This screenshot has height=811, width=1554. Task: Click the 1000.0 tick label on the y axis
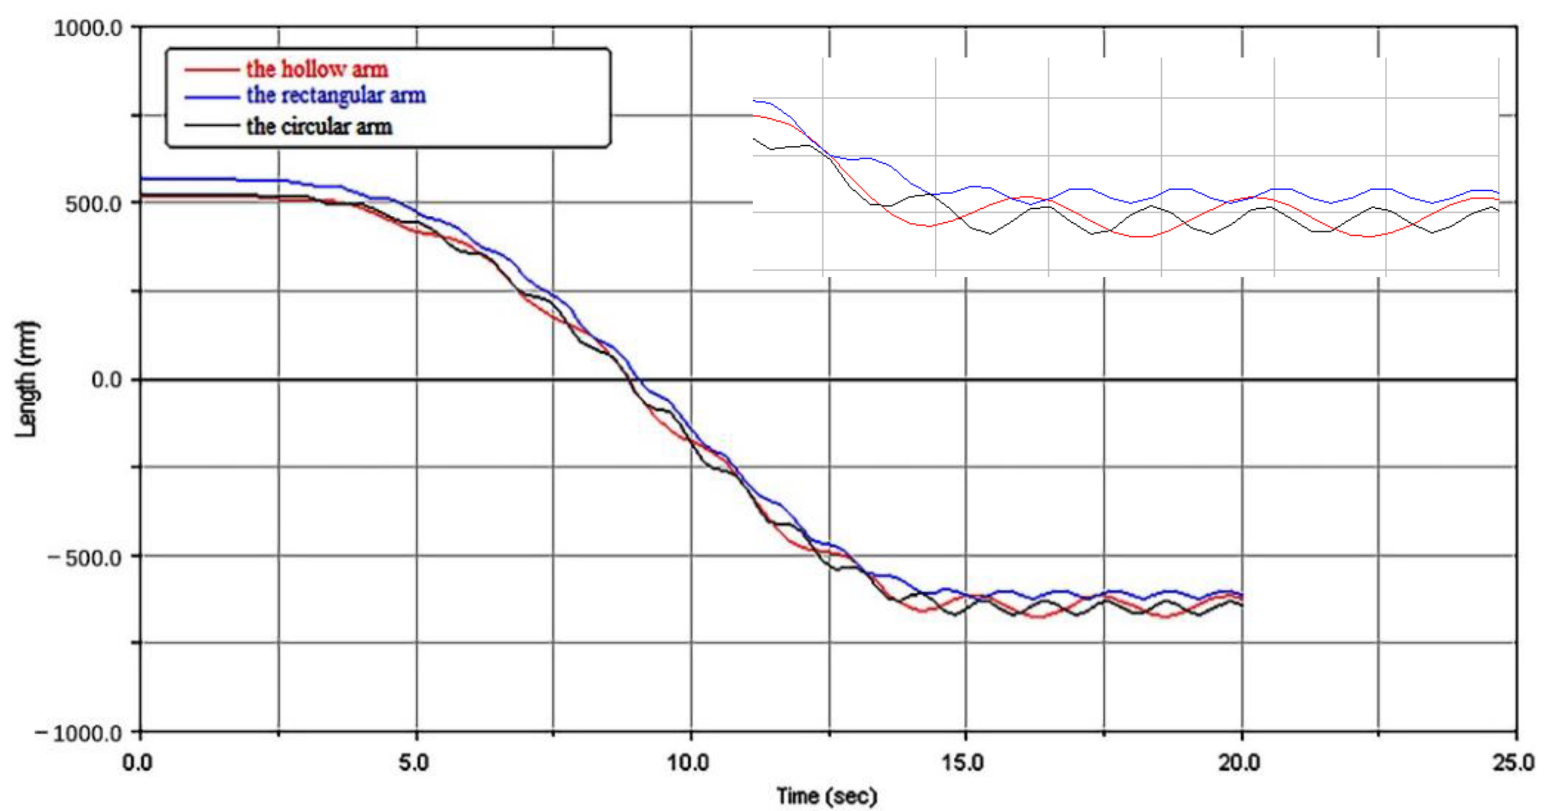coord(88,28)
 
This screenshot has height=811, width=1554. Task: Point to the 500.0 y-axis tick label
coord(94,204)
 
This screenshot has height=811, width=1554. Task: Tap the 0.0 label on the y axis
coord(107,380)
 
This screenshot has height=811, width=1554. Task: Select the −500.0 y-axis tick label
coord(85,557)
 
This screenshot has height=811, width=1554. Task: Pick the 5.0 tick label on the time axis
coord(415,763)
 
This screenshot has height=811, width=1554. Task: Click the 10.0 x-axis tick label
coord(688,763)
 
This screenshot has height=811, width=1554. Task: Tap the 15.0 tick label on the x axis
coord(963,763)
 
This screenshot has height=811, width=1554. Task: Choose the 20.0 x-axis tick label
coord(1239,763)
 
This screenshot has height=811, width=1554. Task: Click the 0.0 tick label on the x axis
coord(138,763)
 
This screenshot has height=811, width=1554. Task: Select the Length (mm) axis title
coord(26,379)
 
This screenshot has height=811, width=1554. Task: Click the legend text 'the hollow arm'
coord(318,70)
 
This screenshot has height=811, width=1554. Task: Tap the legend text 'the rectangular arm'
coord(336,95)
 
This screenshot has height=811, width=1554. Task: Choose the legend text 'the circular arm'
coord(319,127)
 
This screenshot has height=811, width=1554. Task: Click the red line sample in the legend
coord(212,70)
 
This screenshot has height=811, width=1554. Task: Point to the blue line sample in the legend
coord(212,96)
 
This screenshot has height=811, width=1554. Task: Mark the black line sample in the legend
coord(212,126)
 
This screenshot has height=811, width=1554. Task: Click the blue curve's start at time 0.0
coord(143,178)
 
